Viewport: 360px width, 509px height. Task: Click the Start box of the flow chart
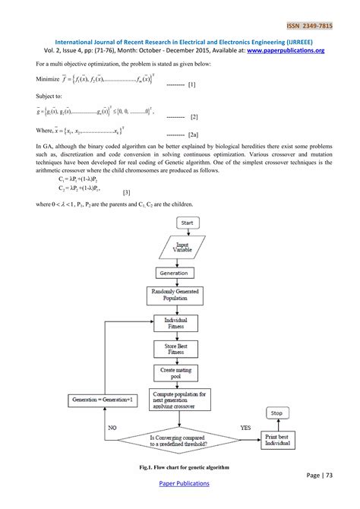pos(187,223)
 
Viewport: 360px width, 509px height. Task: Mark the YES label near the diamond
pos(245,428)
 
